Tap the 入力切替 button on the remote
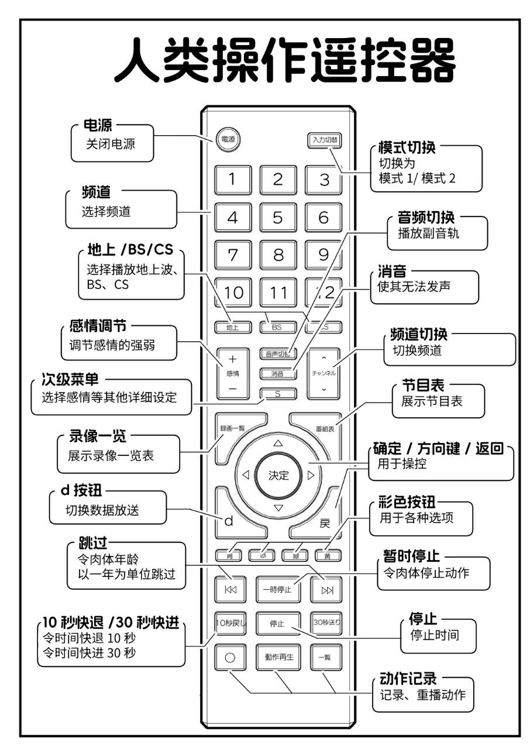[x=325, y=140]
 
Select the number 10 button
[x=233, y=293]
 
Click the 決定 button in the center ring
[x=278, y=475]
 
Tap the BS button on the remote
[x=277, y=328]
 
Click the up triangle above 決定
[x=278, y=443]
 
